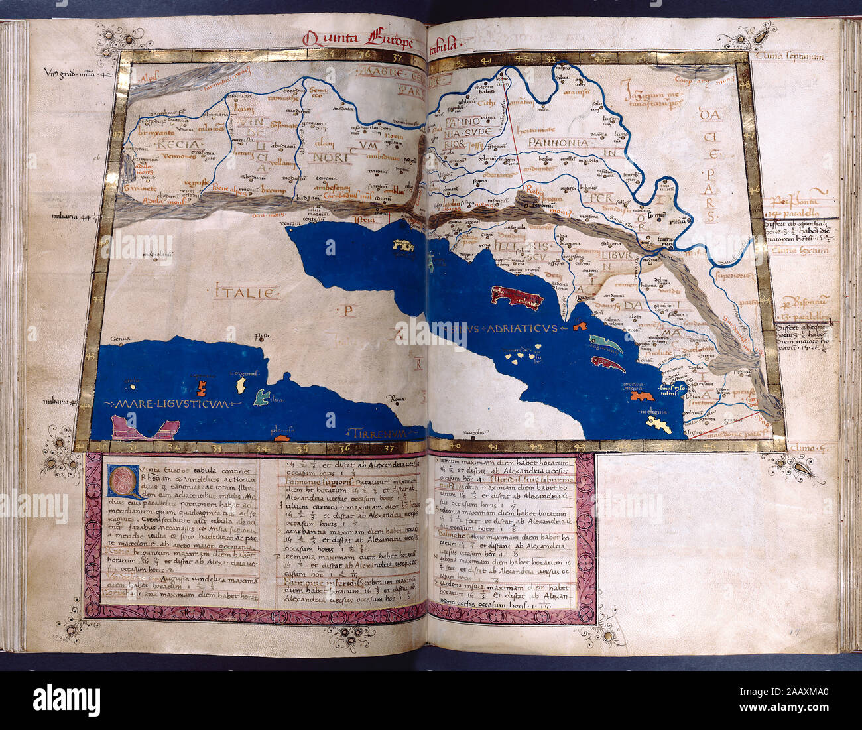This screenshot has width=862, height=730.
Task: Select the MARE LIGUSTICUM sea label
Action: tap(170, 404)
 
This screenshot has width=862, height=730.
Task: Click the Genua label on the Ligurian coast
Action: tap(120, 337)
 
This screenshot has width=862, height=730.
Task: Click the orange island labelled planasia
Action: tap(282, 437)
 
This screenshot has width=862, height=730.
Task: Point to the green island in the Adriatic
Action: tap(605, 343)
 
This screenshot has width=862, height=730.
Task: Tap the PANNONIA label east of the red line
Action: tap(558, 143)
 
